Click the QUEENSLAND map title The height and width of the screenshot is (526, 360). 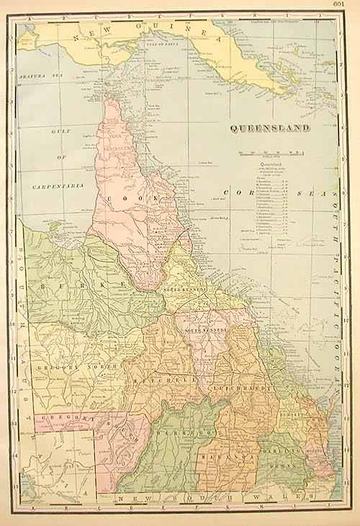coord(270,129)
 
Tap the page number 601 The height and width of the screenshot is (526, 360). coord(349,6)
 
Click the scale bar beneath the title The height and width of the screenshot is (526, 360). coord(270,153)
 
